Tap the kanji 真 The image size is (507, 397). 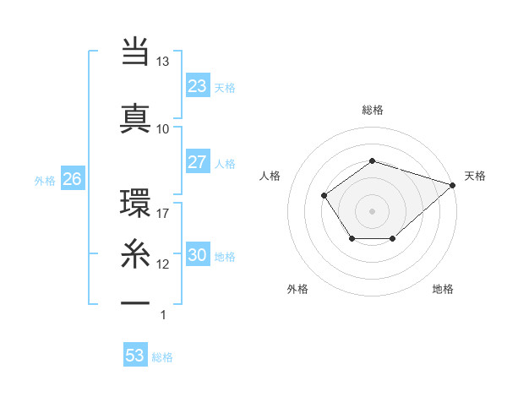click(x=135, y=116)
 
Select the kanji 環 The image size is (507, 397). click(x=135, y=203)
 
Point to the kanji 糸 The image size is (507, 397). click(x=135, y=254)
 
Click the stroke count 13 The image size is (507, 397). click(x=162, y=63)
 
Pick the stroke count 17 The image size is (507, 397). click(x=162, y=214)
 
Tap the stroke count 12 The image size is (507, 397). click(x=162, y=264)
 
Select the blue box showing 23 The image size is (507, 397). click(x=197, y=86)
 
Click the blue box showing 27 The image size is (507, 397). click(x=197, y=162)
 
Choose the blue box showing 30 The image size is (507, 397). click(x=197, y=256)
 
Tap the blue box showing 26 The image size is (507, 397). click(x=72, y=179)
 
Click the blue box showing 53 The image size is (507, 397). click(x=134, y=356)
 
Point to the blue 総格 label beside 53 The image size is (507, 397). click(x=162, y=357)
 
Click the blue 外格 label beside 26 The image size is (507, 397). click(x=45, y=180)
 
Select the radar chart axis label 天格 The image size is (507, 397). click(x=475, y=176)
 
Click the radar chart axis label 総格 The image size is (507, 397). click(x=372, y=110)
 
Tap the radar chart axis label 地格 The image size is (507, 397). click(x=443, y=289)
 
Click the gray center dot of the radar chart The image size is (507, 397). click(x=372, y=210)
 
